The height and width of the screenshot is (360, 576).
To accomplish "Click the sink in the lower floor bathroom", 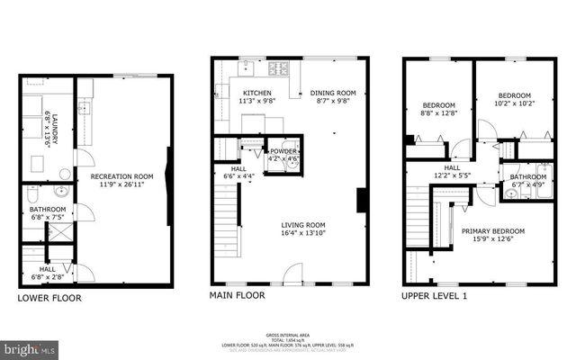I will tap(60, 191).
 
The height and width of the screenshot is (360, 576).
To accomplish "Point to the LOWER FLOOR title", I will tap(49, 297).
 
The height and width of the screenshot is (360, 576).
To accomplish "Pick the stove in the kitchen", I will tap(280, 66).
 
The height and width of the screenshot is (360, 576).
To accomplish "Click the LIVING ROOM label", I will tap(301, 225).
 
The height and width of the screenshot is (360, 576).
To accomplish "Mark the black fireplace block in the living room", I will tap(361, 200).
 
